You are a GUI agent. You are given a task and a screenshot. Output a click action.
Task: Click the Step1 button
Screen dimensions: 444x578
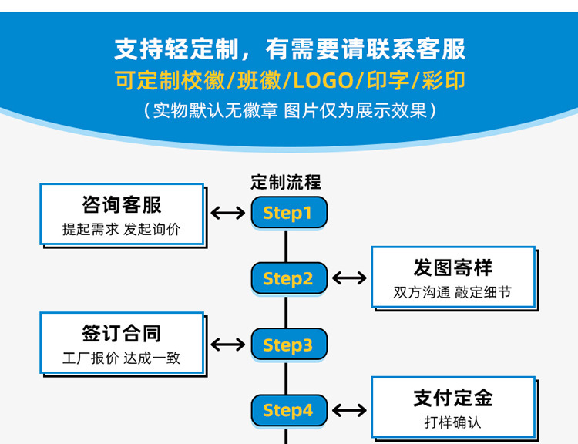tap(289, 213)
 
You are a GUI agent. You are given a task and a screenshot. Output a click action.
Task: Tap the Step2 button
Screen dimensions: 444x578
tap(289, 278)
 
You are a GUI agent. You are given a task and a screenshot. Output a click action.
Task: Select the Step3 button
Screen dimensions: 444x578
tap(289, 345)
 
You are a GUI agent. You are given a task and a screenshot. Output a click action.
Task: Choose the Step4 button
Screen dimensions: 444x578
tap(289, 410)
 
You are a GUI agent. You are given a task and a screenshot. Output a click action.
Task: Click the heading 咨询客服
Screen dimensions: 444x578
tap(122, 204)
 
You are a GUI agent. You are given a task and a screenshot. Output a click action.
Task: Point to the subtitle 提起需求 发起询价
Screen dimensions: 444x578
tap(122, 229)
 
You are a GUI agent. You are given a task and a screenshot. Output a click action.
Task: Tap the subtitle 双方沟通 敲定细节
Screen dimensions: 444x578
tap(453, 292)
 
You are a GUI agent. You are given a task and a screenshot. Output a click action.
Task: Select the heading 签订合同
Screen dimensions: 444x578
tap(122, 333)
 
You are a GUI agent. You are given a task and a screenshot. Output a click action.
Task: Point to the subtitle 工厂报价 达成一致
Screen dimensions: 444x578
tap(122, 358)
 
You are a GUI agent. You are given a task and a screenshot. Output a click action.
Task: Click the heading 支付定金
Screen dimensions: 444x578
tap(453, 398)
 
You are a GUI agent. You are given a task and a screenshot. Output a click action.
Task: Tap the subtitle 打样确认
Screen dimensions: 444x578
tap(453, 422)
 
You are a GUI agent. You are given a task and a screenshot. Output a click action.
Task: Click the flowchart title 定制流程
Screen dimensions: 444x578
tap(286, 183)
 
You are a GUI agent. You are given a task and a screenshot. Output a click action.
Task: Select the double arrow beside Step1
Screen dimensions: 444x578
tap(228, 213)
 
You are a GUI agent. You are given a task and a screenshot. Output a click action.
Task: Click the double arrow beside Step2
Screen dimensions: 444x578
tap(350, 278)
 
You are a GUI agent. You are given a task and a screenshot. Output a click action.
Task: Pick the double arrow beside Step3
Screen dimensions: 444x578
tap(228, 345)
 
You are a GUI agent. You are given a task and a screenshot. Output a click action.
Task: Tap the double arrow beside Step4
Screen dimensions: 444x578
tap(350, 410)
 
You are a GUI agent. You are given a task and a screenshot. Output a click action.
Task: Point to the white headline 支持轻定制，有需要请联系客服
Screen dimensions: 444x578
tap(290, 49)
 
